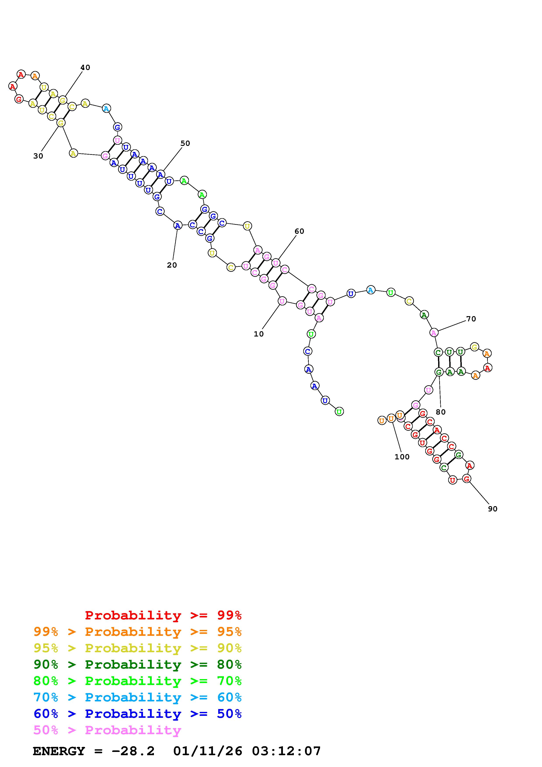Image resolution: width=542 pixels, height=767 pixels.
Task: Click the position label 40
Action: [85, 68]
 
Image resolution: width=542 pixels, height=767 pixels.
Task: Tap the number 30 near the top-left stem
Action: [38, 156]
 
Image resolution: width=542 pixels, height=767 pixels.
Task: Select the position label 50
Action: [185, 143]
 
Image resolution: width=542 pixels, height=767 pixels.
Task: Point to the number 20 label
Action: [172, 265]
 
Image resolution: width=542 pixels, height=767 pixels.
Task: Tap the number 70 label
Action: [471, 319]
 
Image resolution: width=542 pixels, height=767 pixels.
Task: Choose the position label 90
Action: [493, 509]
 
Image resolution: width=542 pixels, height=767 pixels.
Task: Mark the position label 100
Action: [402, 457]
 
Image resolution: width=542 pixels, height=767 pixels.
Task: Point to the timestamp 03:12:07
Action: [286, 751]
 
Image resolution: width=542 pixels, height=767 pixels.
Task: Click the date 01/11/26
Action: [208, 751]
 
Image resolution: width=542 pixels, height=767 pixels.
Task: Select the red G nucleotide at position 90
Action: [467, 479]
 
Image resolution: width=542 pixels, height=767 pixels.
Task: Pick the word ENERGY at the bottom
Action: [59, 751]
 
